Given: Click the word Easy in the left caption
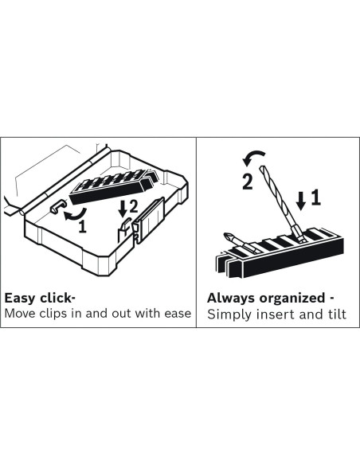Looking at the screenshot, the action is pyautogui.click(x=20, y=299).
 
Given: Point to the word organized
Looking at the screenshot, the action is pyautogui.click(x=292, y=299).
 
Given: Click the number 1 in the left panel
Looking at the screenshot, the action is pyautogui.click(x=83, y=227).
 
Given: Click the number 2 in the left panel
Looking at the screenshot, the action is pyautogui.click(x=133, y=206).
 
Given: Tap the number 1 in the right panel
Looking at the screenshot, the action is pyautogui.click(x=316, y=197).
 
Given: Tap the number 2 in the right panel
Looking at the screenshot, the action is pyautogui.click(x=248, y=182).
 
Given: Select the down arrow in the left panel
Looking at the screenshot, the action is pyautogui.click(x=122, y=209).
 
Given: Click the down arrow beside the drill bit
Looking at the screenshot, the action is pyautogui.click(x=301, y=201).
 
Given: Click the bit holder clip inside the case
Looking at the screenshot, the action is pyautogui.click(x=114, y=187).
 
